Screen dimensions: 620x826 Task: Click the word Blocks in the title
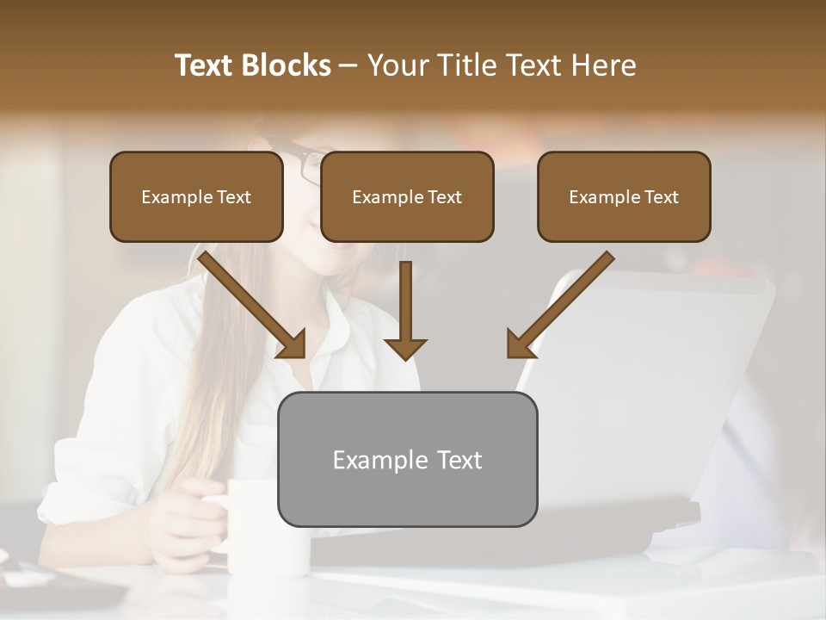pos(287,65)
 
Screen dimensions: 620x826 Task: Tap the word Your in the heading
pos(397,65)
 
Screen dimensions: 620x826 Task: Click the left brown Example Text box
pos(196,197)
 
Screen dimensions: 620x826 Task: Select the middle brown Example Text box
pos(407,197)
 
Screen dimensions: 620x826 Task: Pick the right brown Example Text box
pos(624,197)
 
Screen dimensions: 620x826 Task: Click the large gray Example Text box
pos(407,459)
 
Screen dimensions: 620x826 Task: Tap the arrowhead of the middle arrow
pos(405,348)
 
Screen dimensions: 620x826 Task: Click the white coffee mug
pos(268,525)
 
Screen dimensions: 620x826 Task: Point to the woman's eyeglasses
pos(305,164)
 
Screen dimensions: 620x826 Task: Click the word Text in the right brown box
pos(661,197)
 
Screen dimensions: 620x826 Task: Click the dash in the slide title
pos(348,66)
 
